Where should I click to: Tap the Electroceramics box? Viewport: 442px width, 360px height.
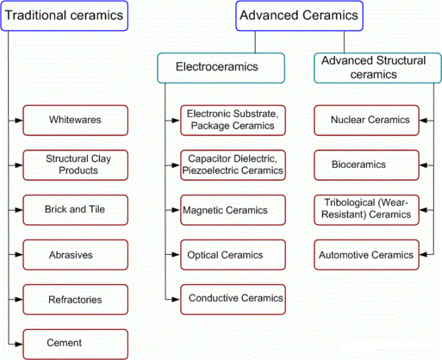[220, 67]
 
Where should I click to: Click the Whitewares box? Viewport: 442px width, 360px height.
[75, 120]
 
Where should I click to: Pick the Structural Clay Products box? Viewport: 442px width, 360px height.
[75, 164]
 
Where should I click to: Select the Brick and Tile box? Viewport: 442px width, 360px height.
[75, 209]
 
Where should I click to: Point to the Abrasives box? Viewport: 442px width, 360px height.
[75, 254]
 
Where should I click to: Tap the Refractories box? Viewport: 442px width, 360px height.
[75, 299]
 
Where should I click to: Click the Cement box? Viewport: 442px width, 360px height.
[75, 343]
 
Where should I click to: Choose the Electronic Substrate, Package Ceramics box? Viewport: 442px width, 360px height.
[233, 120]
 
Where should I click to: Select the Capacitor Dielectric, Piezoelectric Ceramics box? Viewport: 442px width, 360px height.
[233, 164]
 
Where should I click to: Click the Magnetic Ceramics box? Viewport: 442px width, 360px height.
[233, 209]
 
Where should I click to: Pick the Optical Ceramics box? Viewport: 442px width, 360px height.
[233, 254]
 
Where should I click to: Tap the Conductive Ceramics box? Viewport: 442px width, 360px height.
[233, 299]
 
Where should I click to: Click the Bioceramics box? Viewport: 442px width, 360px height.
[367, 164]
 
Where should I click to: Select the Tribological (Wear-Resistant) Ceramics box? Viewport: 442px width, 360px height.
[367, 209]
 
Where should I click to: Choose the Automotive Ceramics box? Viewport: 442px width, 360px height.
[367, 254]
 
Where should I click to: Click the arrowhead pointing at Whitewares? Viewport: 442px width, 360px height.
[19, 120]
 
